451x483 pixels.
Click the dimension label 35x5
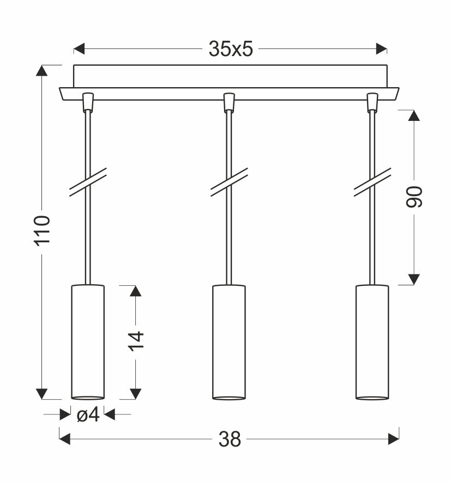coord(231,50)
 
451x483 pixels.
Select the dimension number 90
coord(414,197)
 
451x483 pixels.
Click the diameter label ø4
coord(88,415)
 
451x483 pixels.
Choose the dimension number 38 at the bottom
coord(230,438)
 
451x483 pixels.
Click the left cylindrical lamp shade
coord(88,342)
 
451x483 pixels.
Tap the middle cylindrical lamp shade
coord(228,342)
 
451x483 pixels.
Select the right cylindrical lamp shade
coord(372,342)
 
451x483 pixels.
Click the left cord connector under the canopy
coord(87,102)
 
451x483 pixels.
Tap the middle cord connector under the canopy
coord(229,102)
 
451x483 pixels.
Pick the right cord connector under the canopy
coord(372,102)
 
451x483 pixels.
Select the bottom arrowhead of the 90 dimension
coord(414,279)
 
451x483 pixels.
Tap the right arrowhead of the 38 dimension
coord(393,438)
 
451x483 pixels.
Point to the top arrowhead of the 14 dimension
coord(136,291)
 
